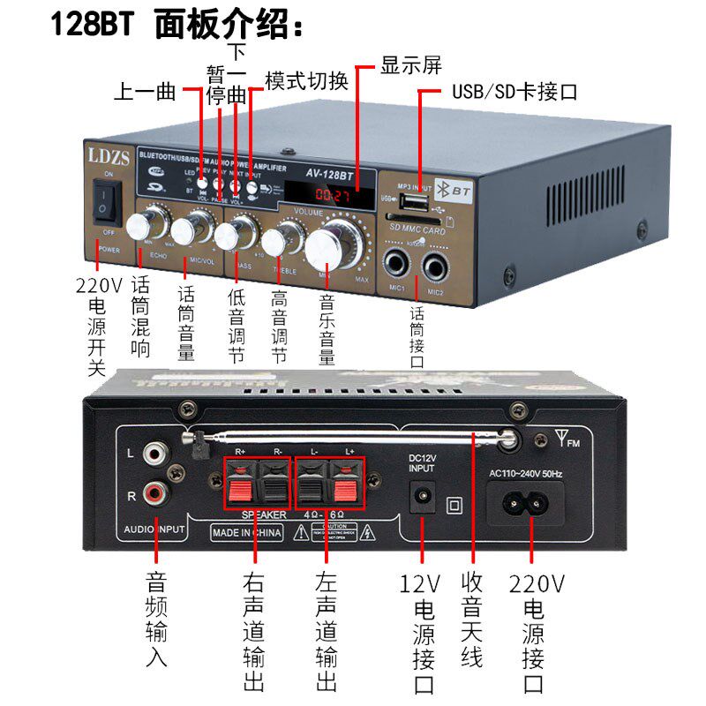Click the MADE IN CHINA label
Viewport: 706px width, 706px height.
click(x=245, y=532)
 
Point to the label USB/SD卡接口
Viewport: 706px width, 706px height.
click(x=514, y=92)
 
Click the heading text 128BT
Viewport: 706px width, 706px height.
click(x=91, y=25)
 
